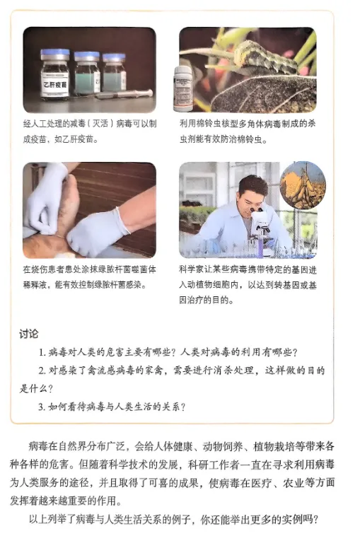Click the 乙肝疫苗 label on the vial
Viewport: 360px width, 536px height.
pos(54,84)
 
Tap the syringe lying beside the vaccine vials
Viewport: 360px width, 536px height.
pos(124,94)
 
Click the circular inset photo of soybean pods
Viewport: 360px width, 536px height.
pos(303,185)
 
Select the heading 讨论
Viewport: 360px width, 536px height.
pos(29,334)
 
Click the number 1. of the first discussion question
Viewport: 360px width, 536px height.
pos(42,352)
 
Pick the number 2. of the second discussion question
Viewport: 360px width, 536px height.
pos(42,371)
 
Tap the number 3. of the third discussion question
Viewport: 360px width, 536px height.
pos(42,407)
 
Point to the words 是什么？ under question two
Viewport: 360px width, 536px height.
pos(36,389)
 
